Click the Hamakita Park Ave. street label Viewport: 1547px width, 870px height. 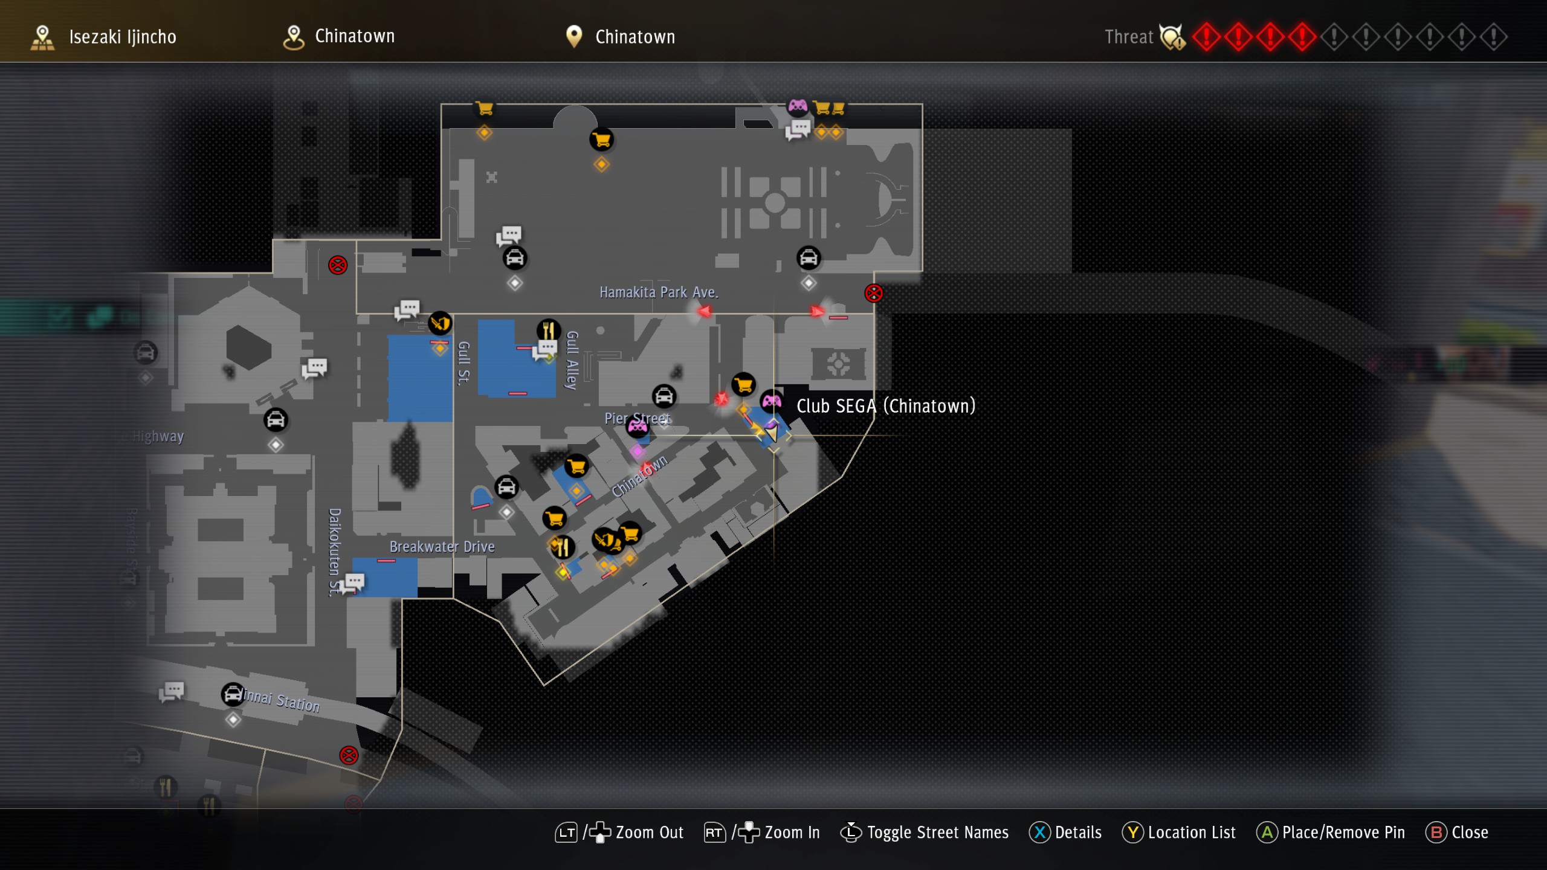click(x=659, y=292)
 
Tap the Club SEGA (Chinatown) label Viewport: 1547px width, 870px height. click(x=886, y=406)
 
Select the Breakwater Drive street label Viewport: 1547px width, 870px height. click(x=442, y=547)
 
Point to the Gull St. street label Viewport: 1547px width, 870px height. click(x=464, y=363)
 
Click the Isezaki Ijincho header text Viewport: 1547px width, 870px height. click(x=123, y=37)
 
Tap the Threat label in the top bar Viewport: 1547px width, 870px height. click(x=1129, y=37)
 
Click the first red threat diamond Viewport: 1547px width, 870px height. click(x=1206, y=37)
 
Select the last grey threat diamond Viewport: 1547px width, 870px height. click(x=1494, y=37)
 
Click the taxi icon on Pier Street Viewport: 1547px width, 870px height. click(x=664, y=396)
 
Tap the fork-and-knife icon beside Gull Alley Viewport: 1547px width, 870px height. click(x=548, y=330)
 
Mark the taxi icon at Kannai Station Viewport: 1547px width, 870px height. click(x=233, y=694)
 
